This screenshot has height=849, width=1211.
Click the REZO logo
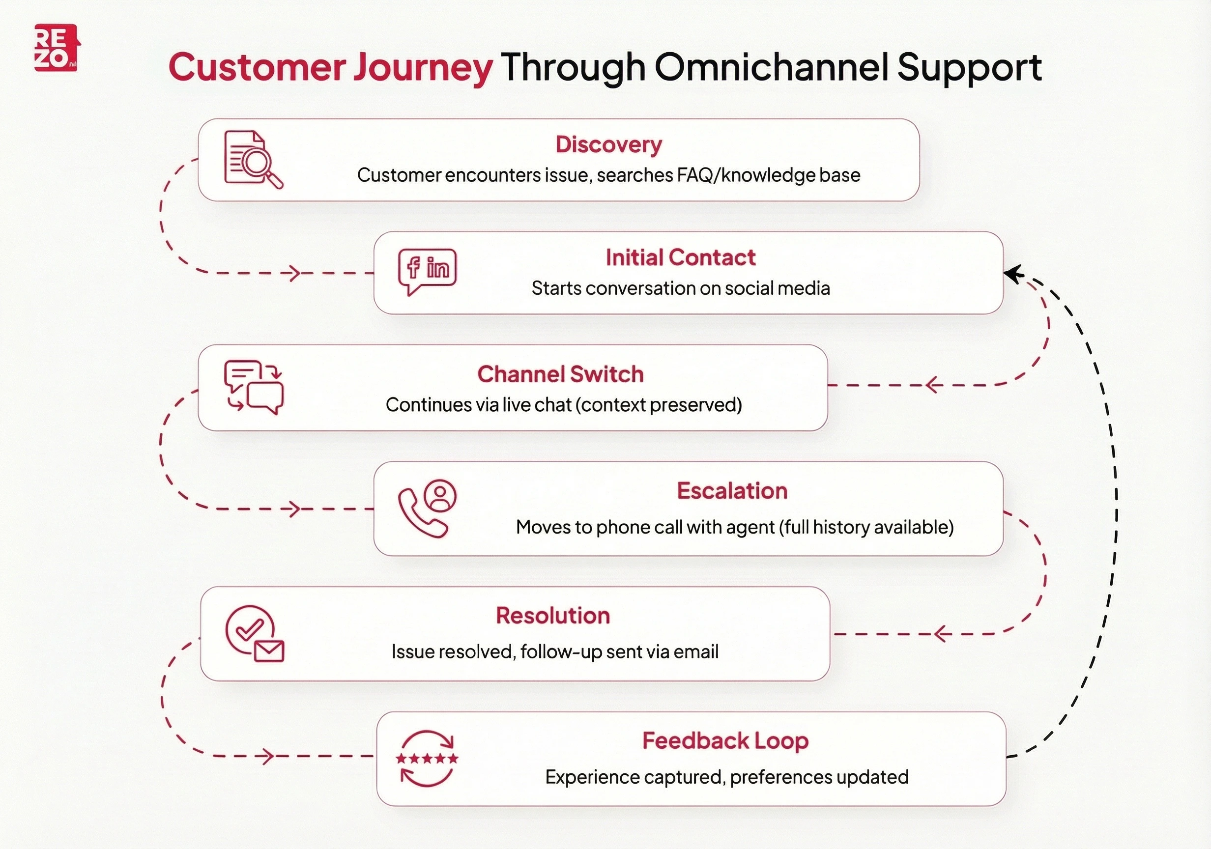pos(57,48)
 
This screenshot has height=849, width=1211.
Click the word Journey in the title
pos(423,68)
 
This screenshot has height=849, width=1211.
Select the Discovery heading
pos(608,144)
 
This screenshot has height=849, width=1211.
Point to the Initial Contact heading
pos(680,258)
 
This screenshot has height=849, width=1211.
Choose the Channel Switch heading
pos(560,374)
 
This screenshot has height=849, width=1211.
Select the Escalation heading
pos(732,491)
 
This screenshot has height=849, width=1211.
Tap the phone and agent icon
pos(427,508)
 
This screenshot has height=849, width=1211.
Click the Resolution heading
pos(553,616)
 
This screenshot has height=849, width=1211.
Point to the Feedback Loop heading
pos(725,741)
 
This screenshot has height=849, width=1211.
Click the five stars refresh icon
pos(427,758)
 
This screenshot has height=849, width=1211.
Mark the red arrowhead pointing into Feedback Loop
pos(268,757)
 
